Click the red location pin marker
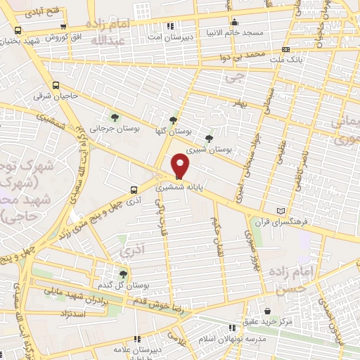(181, 166)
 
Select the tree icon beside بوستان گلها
(173, 120)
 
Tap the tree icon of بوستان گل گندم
(124, 274)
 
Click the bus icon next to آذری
(133, 189)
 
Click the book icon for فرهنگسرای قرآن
(282, 211)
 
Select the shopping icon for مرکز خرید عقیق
(267, 310)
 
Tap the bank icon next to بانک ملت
(285, 50)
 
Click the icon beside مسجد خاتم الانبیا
(234, 22)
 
